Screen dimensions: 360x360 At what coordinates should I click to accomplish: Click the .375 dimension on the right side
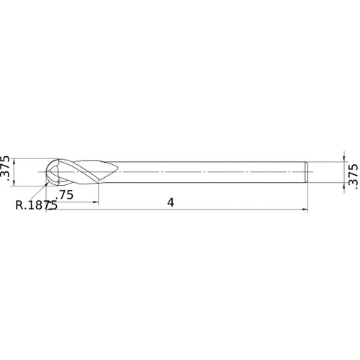[351, 174]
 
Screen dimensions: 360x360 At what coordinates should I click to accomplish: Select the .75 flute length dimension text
[66, 195]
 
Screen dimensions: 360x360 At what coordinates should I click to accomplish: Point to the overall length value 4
[171, 202]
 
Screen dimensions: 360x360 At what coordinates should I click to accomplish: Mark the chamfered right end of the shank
[308, 173]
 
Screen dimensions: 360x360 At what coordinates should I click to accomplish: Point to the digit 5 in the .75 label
[71, 195]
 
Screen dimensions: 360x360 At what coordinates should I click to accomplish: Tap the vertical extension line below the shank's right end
[310, 198]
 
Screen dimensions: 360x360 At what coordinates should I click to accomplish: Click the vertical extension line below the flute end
[98, 194]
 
